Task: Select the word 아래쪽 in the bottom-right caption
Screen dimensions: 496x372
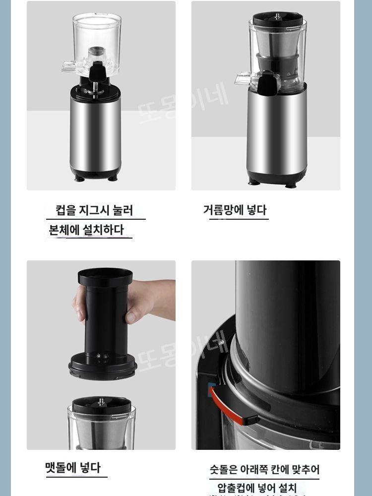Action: click(256, 469)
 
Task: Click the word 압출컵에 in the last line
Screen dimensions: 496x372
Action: click(236, 488)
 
